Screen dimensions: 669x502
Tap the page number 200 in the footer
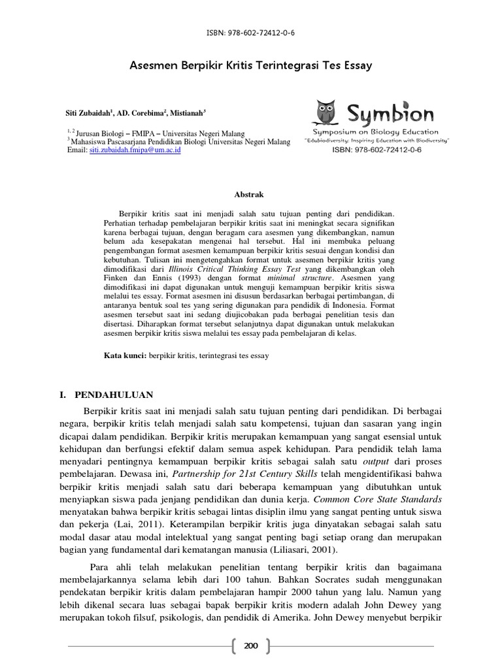[251, 646]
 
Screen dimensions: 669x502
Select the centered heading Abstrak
[250, 194]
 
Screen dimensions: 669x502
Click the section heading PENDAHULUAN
[114, 395]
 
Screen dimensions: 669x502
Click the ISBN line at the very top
[250, 33]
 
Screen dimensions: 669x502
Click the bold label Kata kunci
[126, 355]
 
